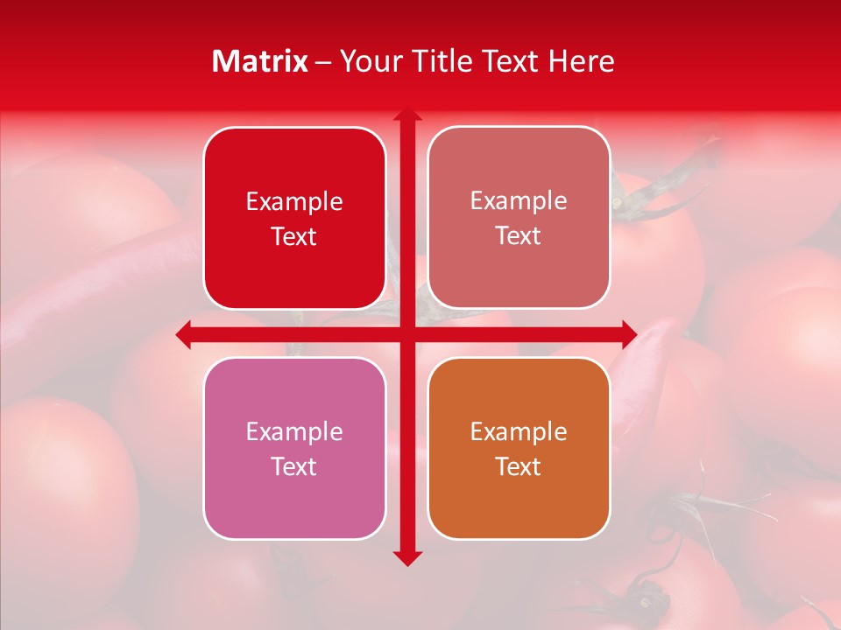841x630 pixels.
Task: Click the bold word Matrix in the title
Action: (260, 61)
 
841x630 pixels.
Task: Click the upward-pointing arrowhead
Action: (406, 115)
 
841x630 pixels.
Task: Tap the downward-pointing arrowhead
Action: (406, 557)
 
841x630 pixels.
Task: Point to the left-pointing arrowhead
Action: (184, 335)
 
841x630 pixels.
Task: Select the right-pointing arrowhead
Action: (629, 335)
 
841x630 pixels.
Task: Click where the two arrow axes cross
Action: (406, 335)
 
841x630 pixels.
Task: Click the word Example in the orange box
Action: (519, 431)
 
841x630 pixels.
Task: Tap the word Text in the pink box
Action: (294, 466)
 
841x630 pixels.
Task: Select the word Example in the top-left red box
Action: (294, 201)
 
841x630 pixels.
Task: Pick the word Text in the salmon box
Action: (519, 235)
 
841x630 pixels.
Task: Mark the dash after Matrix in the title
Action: (323, 62)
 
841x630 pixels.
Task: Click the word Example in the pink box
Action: (294, 431)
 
